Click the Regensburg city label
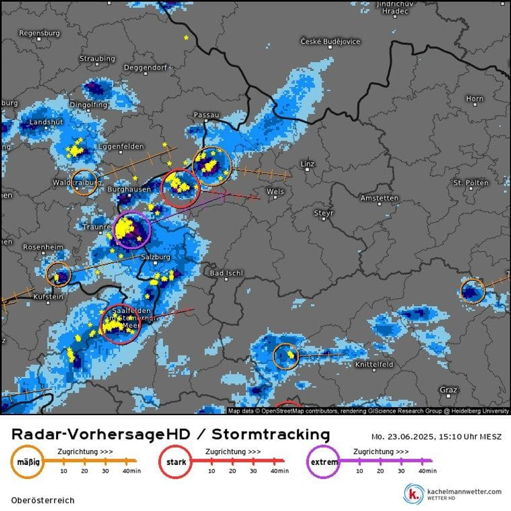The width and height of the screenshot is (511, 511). [x=40, y=33]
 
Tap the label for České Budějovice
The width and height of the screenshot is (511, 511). [x=330, y=42]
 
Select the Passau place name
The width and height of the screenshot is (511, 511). [x=206, y=114]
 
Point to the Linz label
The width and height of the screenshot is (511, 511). [x=308, y=164]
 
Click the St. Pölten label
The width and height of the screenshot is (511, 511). [x=470, y=183]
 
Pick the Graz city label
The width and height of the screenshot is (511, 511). [x=448, y=390]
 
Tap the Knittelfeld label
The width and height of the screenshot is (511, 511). [x=374, y=364]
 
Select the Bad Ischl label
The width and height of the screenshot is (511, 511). [x=226, y=273]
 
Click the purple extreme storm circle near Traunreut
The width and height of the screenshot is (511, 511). [x=132, y=229]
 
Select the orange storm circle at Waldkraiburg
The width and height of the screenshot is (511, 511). [x=84, y=183]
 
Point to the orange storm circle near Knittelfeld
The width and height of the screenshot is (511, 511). [x=286, y=356]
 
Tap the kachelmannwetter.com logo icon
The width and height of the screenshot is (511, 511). [x=415, y=494]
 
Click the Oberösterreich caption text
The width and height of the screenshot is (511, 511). [x=43, y=500]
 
